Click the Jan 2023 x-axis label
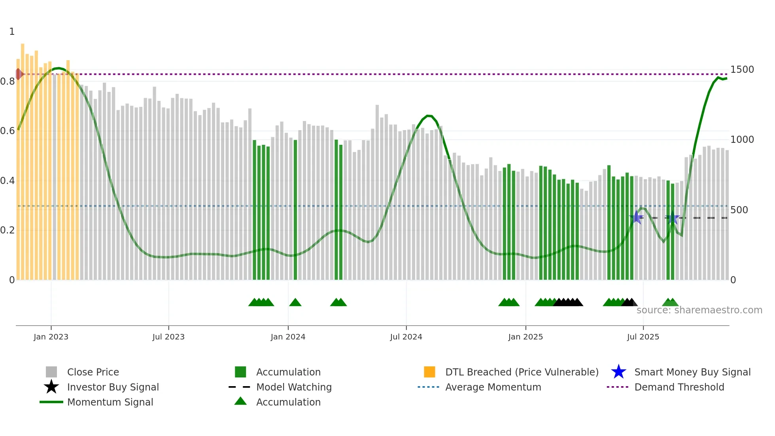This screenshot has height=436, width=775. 51,337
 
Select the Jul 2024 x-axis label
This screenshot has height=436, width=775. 406,337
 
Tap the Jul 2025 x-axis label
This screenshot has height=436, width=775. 643,337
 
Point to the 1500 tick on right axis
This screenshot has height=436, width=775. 742,70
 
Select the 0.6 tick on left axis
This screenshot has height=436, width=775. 8,131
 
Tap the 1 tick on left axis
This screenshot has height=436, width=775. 12,32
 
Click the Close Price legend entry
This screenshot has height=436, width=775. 93,372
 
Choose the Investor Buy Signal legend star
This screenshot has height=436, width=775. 51,387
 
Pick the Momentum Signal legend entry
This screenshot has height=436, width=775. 110,402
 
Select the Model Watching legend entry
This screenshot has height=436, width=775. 294,387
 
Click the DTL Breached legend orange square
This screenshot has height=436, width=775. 429,372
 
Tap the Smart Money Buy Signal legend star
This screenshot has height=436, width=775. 618,372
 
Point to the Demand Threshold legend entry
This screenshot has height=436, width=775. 679,387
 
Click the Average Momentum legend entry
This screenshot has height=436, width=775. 493,387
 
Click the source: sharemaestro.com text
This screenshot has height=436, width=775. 699,310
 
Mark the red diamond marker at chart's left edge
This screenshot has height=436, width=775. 19,74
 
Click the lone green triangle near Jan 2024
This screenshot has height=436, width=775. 295,303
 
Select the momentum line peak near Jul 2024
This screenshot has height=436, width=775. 428,116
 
